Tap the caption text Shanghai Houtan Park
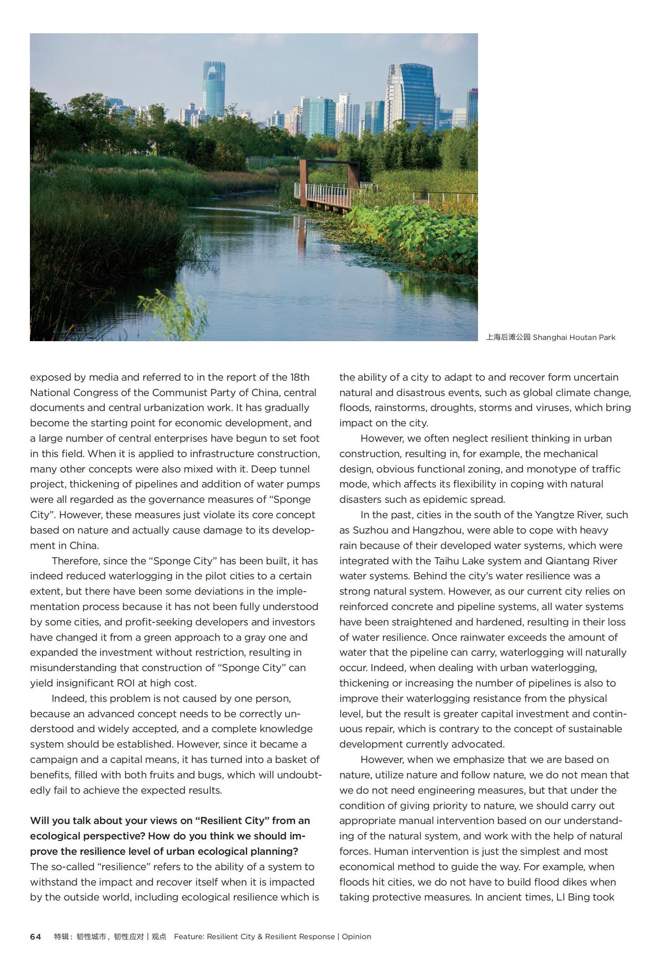click(x=574, y=337)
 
